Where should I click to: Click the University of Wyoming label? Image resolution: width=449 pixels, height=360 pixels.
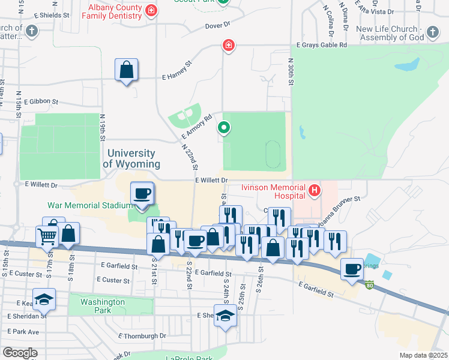(x=131, y=159)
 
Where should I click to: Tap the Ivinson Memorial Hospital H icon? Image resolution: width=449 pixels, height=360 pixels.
(x=314, y=191)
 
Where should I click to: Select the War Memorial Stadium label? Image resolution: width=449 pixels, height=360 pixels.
(x=89, y=205)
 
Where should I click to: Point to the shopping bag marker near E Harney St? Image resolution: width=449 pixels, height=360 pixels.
(x=127, y=71)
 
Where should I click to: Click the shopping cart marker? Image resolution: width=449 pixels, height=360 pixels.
(x=47, y=237)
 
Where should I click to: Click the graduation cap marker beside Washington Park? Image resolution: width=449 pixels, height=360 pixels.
(x=44, y=298)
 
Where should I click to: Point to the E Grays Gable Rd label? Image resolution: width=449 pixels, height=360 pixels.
(x=322, y=45)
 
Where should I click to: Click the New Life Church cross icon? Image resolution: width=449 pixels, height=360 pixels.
(x=433, y=29)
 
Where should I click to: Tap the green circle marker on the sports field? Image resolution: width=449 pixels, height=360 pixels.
(x=223, y=127)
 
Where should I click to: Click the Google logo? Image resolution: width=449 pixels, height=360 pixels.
(x=20, y=353)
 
